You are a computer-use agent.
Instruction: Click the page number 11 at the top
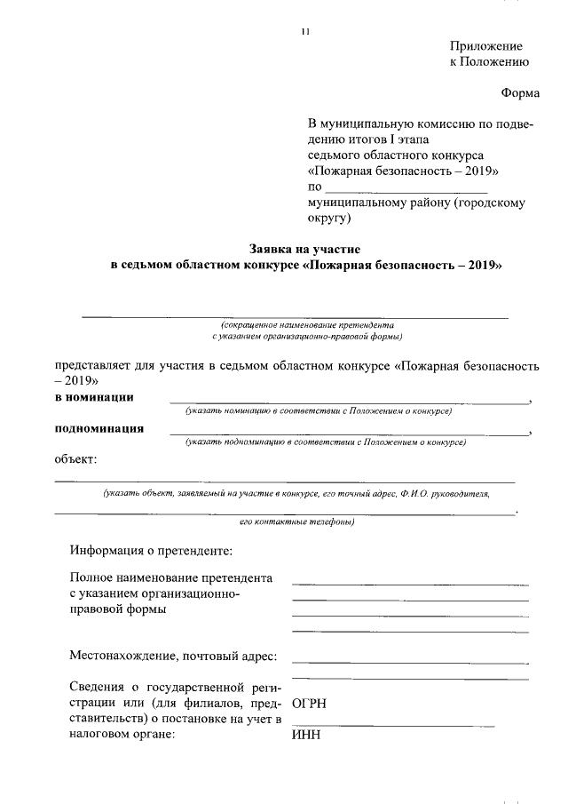[x=304, y=33]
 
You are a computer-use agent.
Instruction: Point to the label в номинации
[x=95, y=397]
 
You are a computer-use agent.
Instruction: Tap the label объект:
[x=75, y=458]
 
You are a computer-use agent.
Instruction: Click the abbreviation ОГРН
[x=309, y=703]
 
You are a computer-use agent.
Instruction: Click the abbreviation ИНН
[x=304, y=736]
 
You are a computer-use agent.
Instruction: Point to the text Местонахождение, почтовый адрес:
[x=173, y=657]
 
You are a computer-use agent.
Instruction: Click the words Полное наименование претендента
[x=170, y=577]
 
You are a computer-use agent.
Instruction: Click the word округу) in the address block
[x=329, y=218]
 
